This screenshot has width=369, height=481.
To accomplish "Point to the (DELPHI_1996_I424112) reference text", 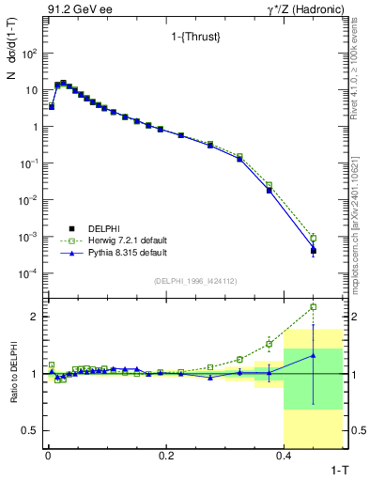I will point(194,280).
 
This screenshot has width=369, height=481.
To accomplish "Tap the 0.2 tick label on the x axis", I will point(166,455).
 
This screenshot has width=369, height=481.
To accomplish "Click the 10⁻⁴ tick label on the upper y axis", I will point(28,273).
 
